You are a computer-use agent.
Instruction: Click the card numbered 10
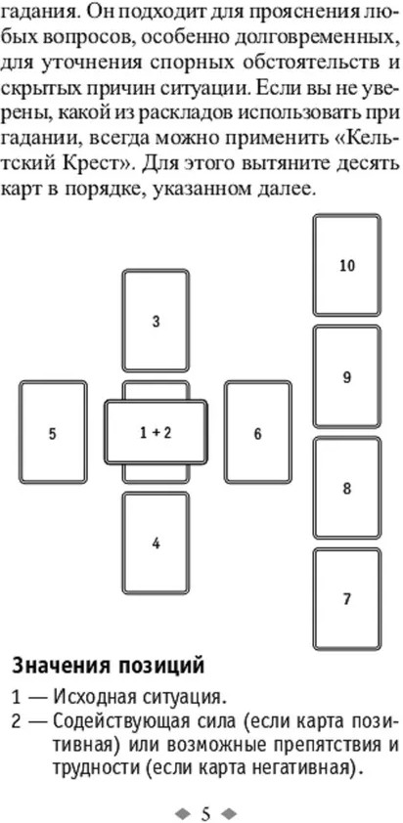click(347, 265)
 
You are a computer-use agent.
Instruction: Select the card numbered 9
click(347, 377)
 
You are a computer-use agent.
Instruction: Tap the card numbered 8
click(347, 488)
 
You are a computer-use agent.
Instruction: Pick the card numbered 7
click(347, 599)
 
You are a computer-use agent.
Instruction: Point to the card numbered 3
click(156, 321)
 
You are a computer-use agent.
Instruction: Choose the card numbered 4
click(156, 543)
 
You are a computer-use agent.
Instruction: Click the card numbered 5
click(53, 432)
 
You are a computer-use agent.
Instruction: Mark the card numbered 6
click(257, 432)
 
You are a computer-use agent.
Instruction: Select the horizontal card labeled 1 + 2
click(156, 432)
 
